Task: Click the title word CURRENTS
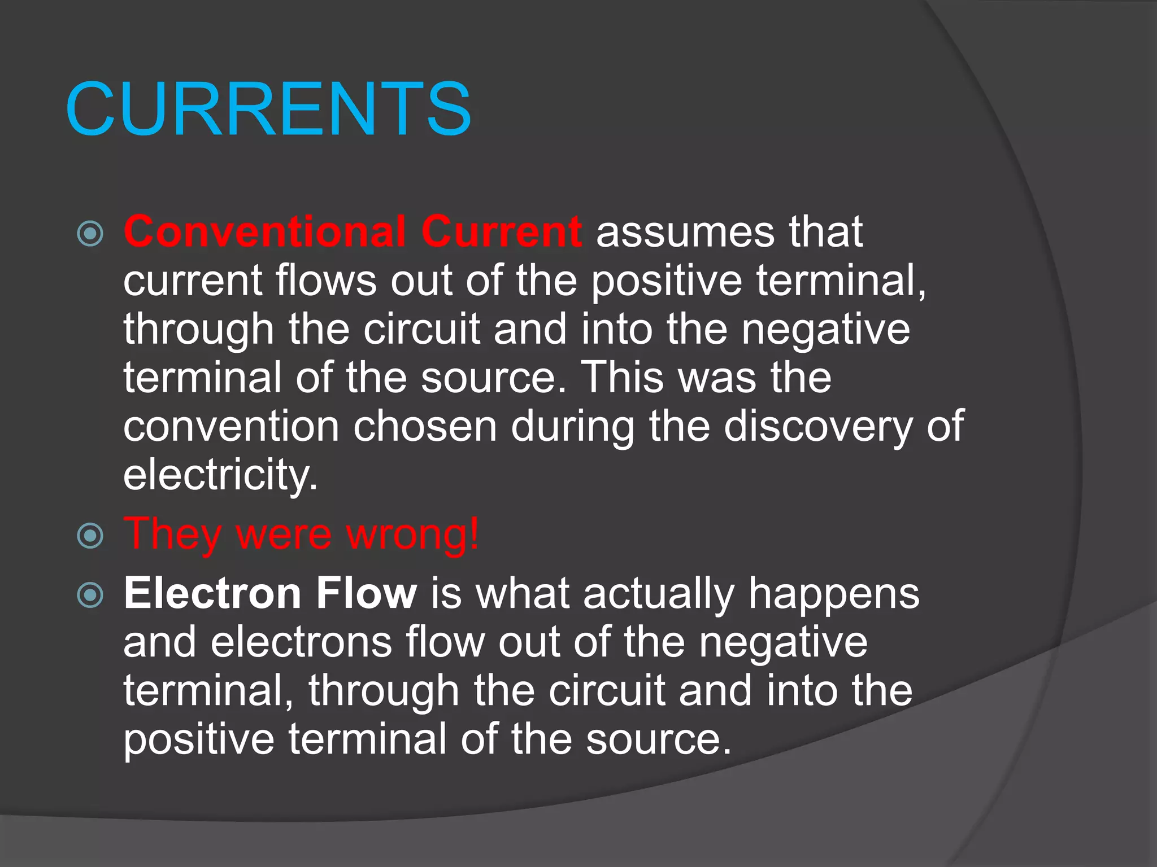tap(268, 109)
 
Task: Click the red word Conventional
tap(264, 231)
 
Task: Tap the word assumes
tap(685, 231)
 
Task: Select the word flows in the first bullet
tap(326, 280)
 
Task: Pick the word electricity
tap(220, 475)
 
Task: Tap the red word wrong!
tap(412, 533)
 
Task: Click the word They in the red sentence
tap(172, 535)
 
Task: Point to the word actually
tap(658, 594)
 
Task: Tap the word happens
tap(834, 594)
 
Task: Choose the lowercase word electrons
tap(301, 642)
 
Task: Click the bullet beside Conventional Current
tap(90, 234)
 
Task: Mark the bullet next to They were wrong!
tap(90, 535)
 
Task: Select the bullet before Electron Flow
tap(90, 595)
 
